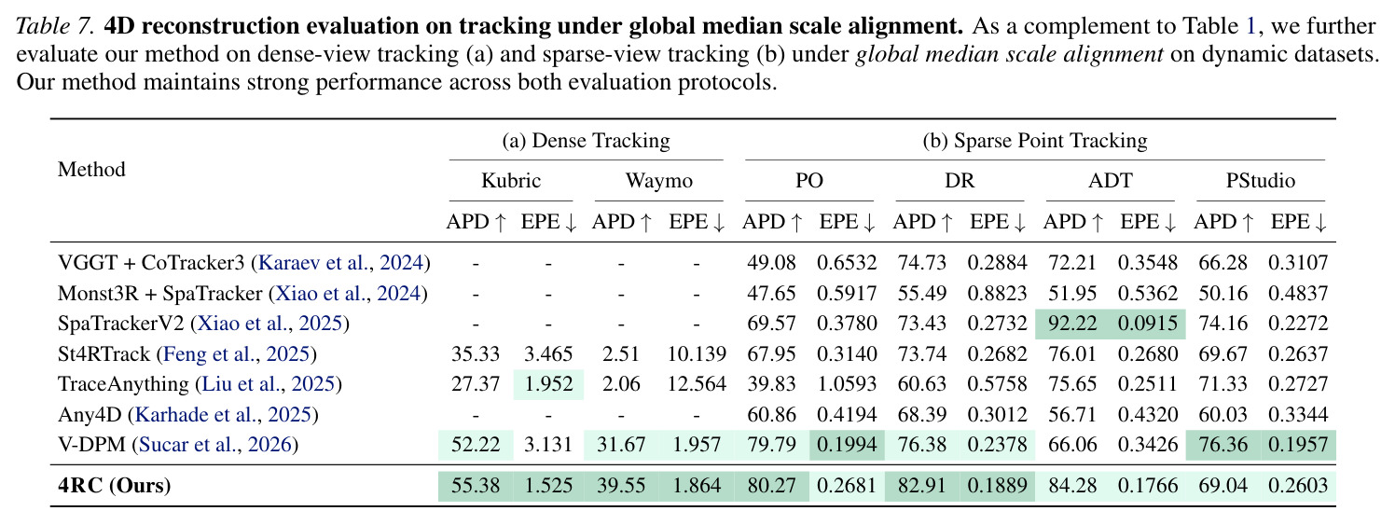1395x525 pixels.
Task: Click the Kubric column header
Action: pyautogui.click(x=511, y=181)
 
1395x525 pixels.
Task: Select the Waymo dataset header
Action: pyautogui.click(x=659, y=181)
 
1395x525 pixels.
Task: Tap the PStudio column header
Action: pyautogui.click(x=1261, y=181)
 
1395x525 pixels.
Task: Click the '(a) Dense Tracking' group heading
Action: pyautogui.click(x=586, y=141)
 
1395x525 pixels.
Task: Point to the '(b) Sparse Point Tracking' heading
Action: pyautogui.click(x=1035, y=141)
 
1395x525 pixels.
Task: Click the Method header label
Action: pyautogui.click(x=91, y=170)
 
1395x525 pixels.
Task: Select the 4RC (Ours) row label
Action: pyautogui.click(x=114, y=485)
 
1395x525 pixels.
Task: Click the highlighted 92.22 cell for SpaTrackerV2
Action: pyautogui.click(x=1071, y=324)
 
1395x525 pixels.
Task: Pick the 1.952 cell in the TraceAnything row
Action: pyautogui.click(x=548, y=383)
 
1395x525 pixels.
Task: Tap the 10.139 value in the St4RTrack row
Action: pyautogui.click(x=697, y=353)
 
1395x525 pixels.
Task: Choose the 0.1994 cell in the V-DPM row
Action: pyautogui.click(x=847, y=445)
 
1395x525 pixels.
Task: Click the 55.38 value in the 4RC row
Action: pyautogui.click(x=476, y=485)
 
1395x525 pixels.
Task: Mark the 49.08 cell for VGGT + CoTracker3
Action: pyautogui.click(x=771, y=263)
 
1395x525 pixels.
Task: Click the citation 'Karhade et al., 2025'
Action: pyautogui.click(x=222, y=414)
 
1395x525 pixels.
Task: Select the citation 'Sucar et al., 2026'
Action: pyautogui.click(x=214, y=445)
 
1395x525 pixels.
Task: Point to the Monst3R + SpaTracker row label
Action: pyautogui.click(x=242, y=294)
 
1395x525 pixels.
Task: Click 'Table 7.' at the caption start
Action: pyautogui.click(x=55, y=26)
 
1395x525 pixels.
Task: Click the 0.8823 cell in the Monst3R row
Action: pyautogui.click(x=997, y=294)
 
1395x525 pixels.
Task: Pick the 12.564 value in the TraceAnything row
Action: pyautogui.click(x=697, y=383)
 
